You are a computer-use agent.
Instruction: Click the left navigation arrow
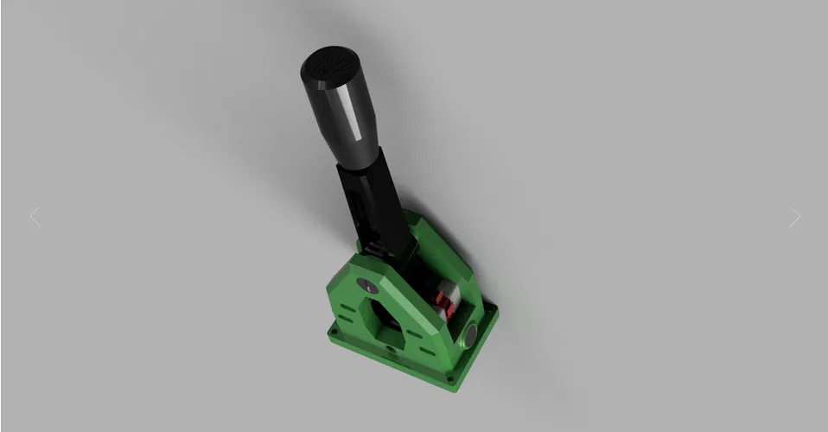[x=35, y=217]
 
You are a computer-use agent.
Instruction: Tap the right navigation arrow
[x=794, y=217]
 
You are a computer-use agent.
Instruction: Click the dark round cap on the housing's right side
[x=472, y=334]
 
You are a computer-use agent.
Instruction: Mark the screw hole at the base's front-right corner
[x=448, y=378]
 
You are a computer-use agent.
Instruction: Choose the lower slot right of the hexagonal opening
[x=426, y=354]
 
